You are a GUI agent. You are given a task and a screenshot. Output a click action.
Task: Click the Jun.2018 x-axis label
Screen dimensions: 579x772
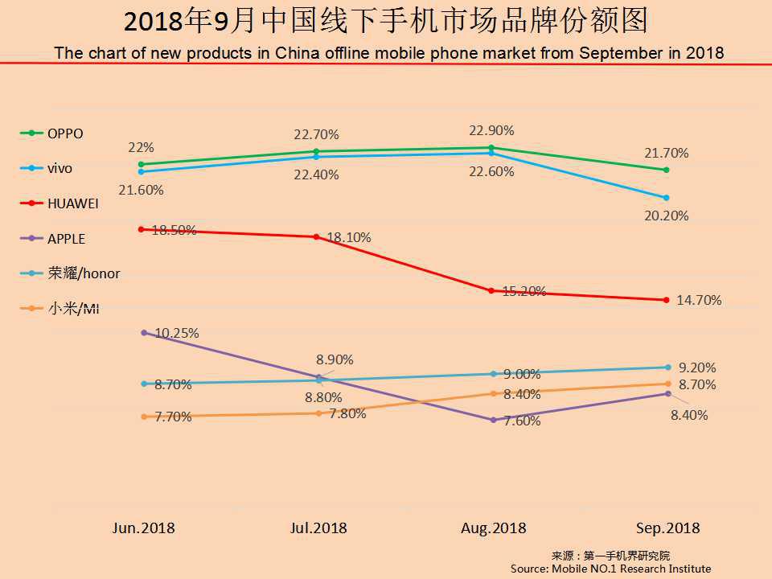pyautogui.click(x=143, y=528)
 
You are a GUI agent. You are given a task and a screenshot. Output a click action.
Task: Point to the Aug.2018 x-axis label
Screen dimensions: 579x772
pyautogui.click(x=493, y=528)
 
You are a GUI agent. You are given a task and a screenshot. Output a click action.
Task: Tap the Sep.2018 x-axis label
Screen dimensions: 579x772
pyautogui.click(x=667, y=528)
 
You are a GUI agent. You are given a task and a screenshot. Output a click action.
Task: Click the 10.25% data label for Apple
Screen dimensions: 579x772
pyautogui.click(x=176, y=333)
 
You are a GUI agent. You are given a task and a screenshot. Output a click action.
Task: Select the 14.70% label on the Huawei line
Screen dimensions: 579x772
pyautogui.click(x=699, y=301)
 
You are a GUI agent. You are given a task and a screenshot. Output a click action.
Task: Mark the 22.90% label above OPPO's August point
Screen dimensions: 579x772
pyautogui.click(x=492, y=130)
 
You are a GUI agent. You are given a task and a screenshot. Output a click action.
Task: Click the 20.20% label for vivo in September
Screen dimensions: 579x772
pyautogui.click(x=666, y=216)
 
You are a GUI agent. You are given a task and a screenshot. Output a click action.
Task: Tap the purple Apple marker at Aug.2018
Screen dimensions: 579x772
pyautogui.click(x=493, y=420)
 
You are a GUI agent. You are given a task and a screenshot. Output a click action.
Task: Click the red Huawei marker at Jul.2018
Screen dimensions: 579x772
pyautogui.click(x=317, y=236)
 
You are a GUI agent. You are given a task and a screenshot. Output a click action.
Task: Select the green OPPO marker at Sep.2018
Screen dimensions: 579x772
pyautogui.click(x=667, y=170)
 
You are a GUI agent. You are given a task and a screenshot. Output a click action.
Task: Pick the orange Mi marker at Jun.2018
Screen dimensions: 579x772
pyautogui.click(x=144, y=417)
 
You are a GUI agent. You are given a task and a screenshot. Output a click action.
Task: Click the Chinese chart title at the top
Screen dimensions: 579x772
pyautogui.click(x=386, y=22)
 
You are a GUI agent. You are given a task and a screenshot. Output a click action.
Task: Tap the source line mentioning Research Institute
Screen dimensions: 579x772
pyautogui.click(x=610, y=569)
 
